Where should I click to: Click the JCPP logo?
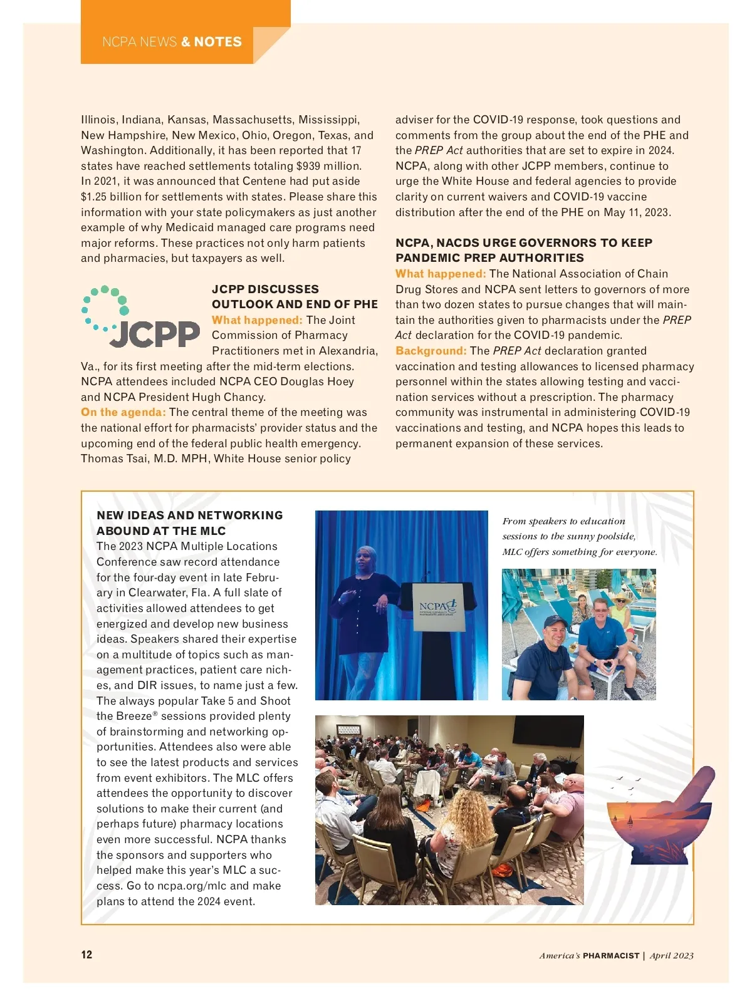pos(140,317)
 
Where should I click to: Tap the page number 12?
pos(86,955)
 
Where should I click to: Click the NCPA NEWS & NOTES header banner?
pos(172,42)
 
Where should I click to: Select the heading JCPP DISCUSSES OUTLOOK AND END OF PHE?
pos(295,297)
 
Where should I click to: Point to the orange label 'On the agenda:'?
pos(123,412)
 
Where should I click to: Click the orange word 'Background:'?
pos(431,351)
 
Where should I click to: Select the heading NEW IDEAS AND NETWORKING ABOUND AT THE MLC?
pos(189,523)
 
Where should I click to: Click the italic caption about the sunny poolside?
pos(579,536)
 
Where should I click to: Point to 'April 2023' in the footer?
pos(672,955)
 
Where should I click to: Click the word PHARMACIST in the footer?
pos(611,955)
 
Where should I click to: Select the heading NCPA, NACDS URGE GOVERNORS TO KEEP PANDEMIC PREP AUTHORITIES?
pos(523,250)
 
